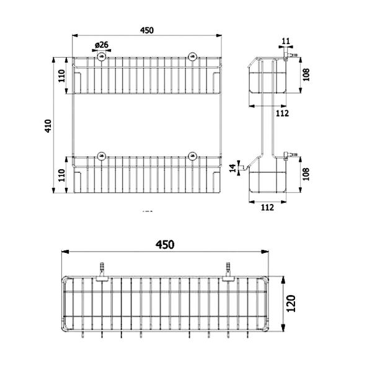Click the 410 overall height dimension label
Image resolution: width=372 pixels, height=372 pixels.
pyautogui.click(x=48, y=126)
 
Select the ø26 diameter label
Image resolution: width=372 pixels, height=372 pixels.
pyautogui.click(x=102, y=45)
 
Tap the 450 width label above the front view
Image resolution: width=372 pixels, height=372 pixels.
pyautogui.click(x=147, y=30)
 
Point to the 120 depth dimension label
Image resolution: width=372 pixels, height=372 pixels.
pyautogui.click(x=291, y=303)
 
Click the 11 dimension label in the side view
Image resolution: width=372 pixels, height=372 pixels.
pyautogui.click(x=286, y=42)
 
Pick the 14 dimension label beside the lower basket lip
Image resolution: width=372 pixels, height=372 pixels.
pyautogui.click(x=234, y=168)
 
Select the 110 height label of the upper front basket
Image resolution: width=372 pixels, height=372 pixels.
pyautogui.click(x=61, y=76)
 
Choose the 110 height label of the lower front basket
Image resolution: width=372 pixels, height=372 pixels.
pyautogui.click(x=61, y=175)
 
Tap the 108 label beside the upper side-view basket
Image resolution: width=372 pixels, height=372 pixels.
pyautogui.click(x=306, y=74)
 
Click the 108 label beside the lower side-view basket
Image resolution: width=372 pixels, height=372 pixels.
pyautogui.click(x=306, y=174)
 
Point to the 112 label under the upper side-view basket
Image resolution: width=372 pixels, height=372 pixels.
pyautogui.click(x=282, y=113)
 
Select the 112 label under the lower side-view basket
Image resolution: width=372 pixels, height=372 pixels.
pyautogui.click(x=267, y=208)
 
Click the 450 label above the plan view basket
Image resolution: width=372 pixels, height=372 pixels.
pyautogui.click(x=165, y=245)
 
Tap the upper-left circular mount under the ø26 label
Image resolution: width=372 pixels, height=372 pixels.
pyautogui.click(x=102, y=56)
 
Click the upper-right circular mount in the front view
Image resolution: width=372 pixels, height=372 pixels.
pyautogui.click(x=192, y=56)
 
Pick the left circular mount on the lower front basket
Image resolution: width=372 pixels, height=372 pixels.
pyautogui.click(x=102, y=156)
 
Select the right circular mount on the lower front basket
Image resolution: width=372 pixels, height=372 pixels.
pyautogui.click(x=192, y=156)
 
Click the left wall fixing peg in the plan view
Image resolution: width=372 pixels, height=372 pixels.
pyautogui.click(x=102, y=272)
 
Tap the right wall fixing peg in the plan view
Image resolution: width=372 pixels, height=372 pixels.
pyautogui.click(x=228, y=272)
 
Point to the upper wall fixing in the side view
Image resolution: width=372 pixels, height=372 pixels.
pyautogui.click(x=290, y=56)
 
